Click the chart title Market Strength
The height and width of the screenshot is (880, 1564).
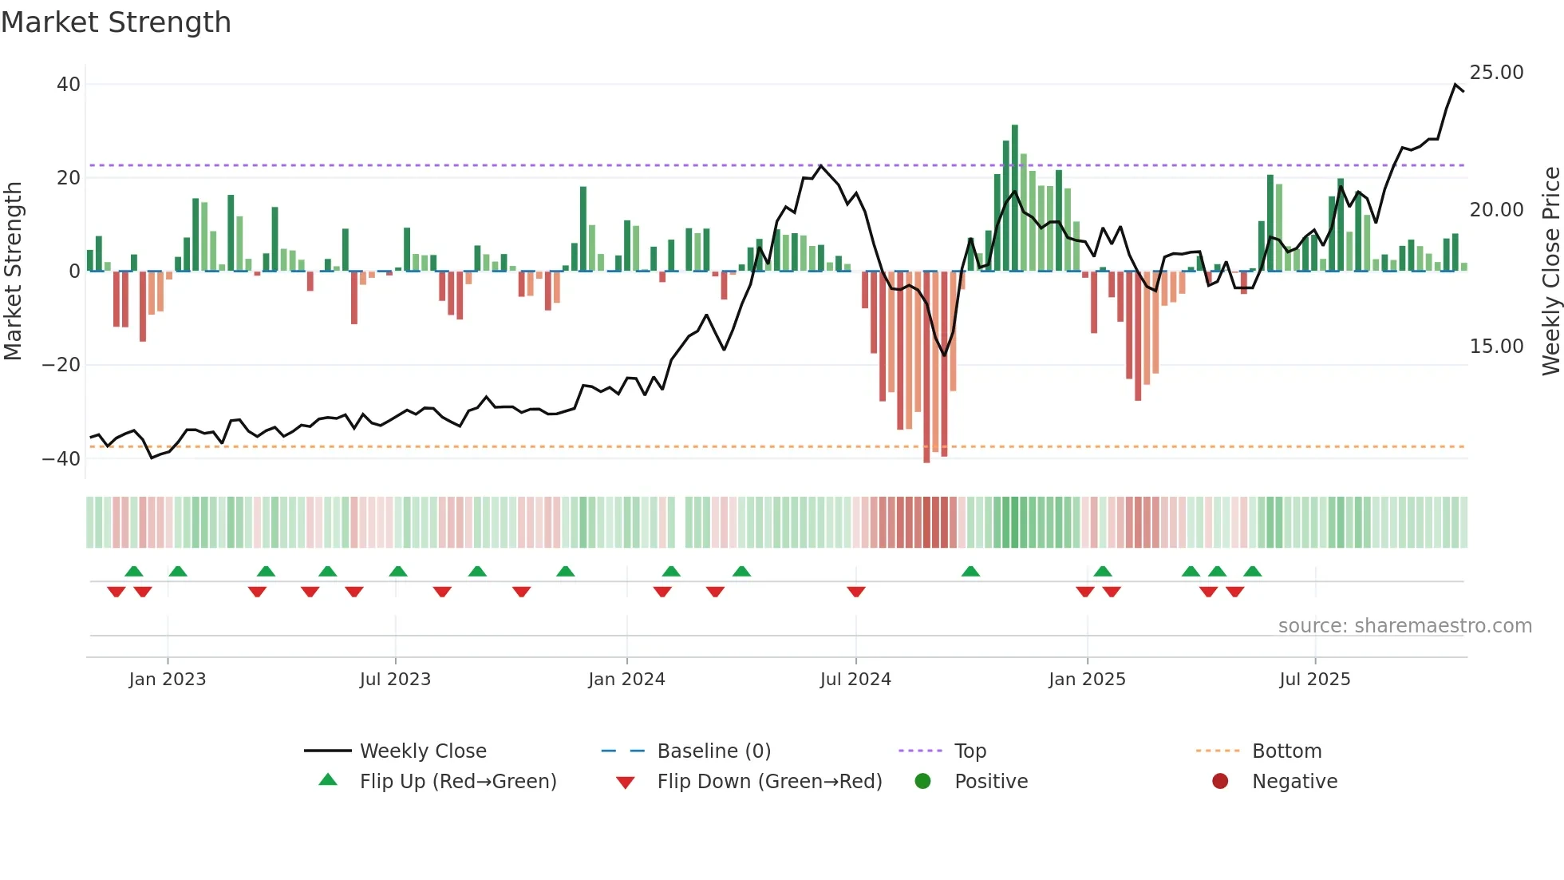tap(116, 22)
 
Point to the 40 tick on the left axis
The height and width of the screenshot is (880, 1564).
tap(69, 85)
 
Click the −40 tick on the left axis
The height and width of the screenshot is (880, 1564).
tap(61, 459)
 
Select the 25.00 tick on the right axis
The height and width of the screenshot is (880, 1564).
tap(1496, 73)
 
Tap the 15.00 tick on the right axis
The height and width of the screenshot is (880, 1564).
tap(1496, 347)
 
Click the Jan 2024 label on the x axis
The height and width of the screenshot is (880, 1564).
tap(626, 680)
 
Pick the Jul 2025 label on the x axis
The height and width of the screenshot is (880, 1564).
tap(1314, 680)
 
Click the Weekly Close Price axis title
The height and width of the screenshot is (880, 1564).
tap(1550, 272)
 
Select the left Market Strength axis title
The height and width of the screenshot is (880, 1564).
tap(14, 272)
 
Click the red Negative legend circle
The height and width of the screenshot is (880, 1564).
tap(1220, 781)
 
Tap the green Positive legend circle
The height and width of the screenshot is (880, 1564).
tap(922, 781)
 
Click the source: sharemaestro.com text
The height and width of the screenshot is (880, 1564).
tap(1404, 626)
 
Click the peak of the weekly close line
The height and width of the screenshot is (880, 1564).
tap(1455, 84)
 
